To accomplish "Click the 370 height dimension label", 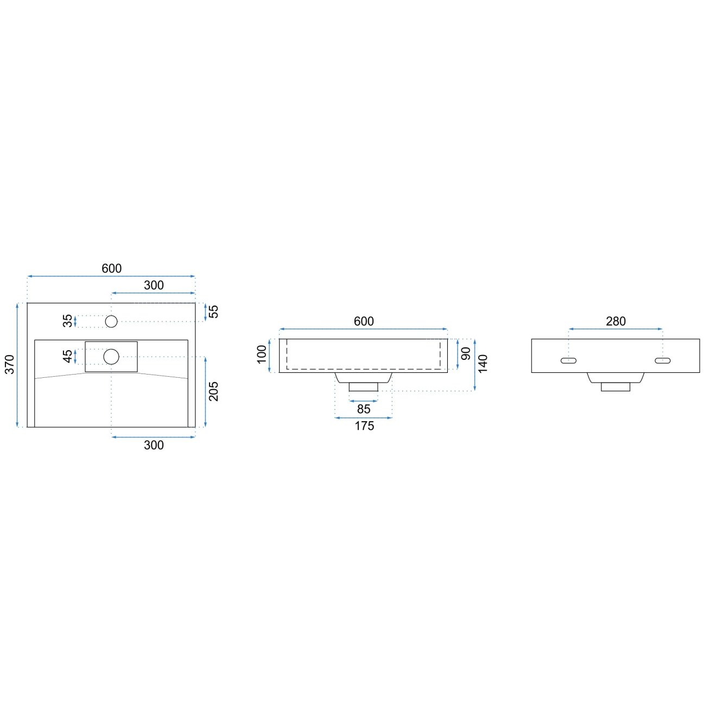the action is [x=10, y=364].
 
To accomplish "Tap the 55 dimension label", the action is [x=213, y=312].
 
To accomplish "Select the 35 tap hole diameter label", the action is [x=67, y=321].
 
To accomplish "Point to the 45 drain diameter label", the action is [x=67, y=356].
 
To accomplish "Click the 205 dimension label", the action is [x=213, y=391].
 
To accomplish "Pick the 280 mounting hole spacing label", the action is [x=616, y=321].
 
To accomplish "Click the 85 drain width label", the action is [x=363, y=409].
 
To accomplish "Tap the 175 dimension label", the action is [x=364, y=426].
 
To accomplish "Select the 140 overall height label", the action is [x=483, y=363].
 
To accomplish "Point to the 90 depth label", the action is [x=466, y=353].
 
